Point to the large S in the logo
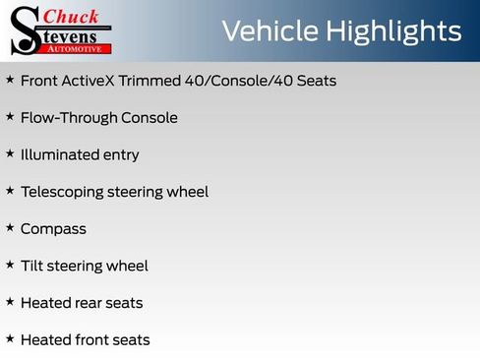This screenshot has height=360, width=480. click(26, 30)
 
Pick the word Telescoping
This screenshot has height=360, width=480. click(66, 192)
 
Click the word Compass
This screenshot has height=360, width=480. click(53, 229)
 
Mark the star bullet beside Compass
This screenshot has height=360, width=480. click(10, 227)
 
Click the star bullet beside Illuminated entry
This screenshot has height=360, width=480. click(10, 153)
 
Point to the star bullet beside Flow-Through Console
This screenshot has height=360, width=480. click(10, 116)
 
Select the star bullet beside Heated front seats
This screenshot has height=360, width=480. click(10, 338)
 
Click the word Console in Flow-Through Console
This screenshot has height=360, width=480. click(150, 118)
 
